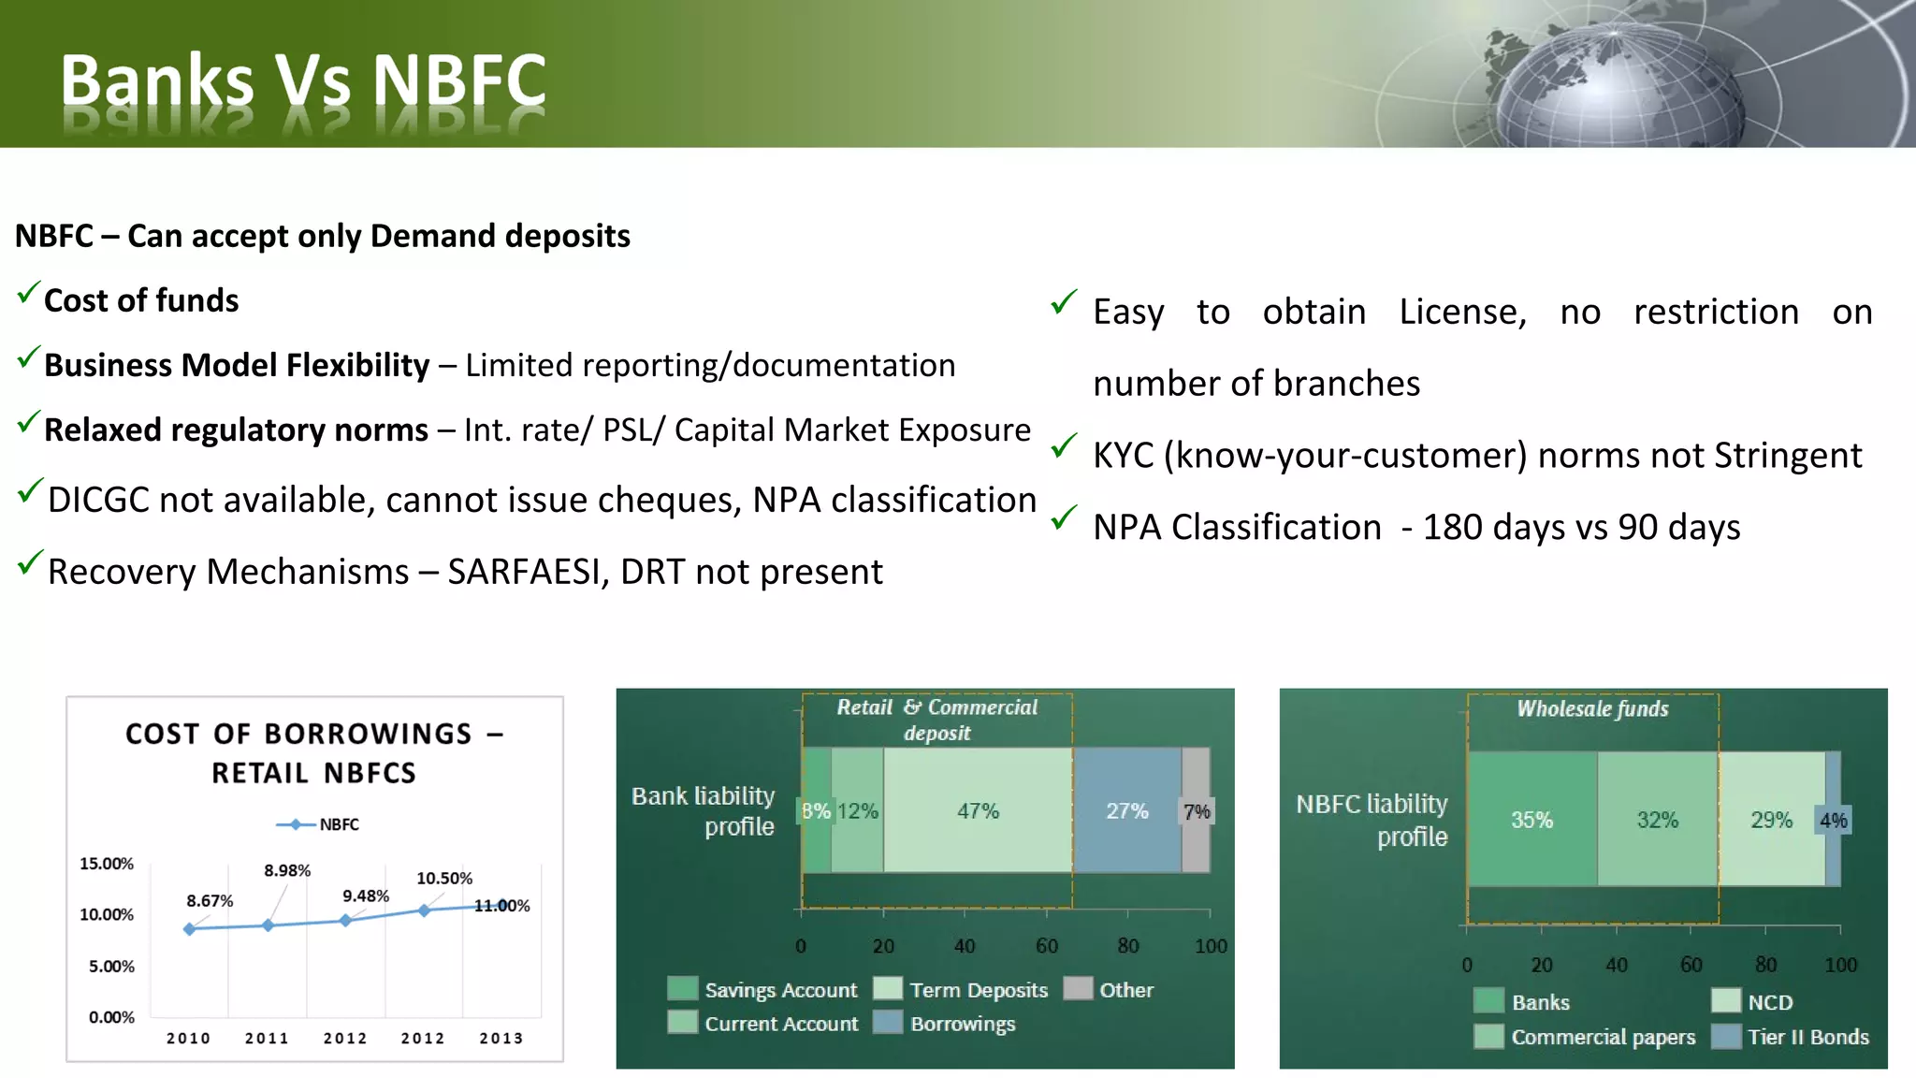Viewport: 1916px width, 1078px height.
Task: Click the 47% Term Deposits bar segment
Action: tap(978, 810)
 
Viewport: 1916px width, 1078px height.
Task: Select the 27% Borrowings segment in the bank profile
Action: tap(1126, 810)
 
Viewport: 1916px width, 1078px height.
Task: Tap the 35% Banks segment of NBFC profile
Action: tap(1531, 820)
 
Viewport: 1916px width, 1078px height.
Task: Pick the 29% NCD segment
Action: tap(1771, 820)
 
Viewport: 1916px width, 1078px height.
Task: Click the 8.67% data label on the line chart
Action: tap(210, 901)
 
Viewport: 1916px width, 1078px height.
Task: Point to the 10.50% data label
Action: tap(444, 878)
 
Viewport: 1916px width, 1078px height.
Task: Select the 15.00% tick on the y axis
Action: tap(107, 863)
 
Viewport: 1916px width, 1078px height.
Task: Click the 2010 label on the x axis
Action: tap(188, 1038)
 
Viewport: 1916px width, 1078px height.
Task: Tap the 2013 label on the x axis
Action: tap(501, 1038)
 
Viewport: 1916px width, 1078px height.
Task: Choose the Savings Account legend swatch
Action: tap(683, 989)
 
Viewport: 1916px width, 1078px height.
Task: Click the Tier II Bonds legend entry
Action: tap(1807, 1037)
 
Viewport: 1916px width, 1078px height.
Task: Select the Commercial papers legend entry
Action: tap(1603, 1037)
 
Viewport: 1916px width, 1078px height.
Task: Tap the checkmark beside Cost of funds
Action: tap(29, 295)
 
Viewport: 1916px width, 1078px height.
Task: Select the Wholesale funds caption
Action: tap(1592, 708)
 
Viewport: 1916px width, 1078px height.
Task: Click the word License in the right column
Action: tap(1462, 312)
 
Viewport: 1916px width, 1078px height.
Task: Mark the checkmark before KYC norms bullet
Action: tap(1063, 447)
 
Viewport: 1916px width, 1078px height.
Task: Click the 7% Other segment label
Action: tap(1197, 811)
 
